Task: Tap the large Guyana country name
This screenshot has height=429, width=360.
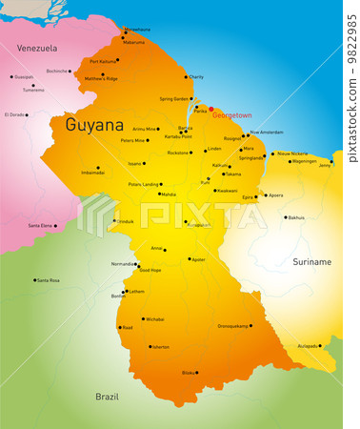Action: pos(94,125)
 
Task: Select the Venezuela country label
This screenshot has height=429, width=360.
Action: pos(37,48)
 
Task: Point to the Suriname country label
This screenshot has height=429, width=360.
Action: pos(311,261)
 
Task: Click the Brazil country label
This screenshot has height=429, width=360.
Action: pos(108,396)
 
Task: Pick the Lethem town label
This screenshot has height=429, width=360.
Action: pos(137,292)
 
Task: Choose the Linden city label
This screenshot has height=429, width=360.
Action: pos(214,149)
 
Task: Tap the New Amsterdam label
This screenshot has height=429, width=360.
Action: pos(267,133)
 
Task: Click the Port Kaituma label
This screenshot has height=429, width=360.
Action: pos(104,62)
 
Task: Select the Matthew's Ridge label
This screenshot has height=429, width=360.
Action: pos(101,78)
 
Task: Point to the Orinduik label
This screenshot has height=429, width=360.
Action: pos(125,220)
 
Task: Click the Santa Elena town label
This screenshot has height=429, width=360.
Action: pos(41,225)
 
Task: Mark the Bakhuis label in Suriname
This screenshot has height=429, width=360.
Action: pos(296,217)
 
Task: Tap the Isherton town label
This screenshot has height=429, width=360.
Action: pos(159,347)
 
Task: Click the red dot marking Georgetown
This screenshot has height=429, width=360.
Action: pos(211,110)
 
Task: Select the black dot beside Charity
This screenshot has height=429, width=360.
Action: pos(186,77)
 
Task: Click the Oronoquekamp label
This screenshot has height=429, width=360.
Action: pos(233,326)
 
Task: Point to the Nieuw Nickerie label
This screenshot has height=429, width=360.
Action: pos(292,153)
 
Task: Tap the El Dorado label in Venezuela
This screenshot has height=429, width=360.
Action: pos(14,114)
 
